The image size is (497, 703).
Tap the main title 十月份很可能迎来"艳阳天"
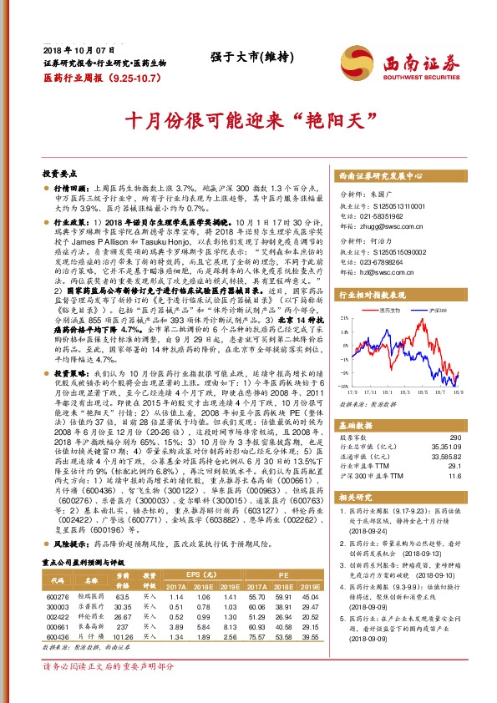click(x=248, y=120)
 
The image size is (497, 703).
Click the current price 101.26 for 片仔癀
click(x=122, y=635)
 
